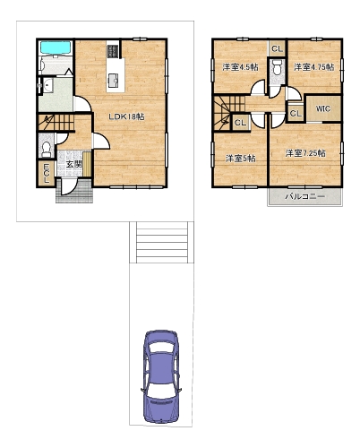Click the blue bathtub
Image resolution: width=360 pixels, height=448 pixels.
click(56, 47)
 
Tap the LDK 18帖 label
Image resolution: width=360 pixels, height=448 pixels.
click(126, 116)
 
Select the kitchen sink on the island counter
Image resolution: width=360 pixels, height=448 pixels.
click(114, 81)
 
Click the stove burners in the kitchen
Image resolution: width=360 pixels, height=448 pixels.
click(113, 51)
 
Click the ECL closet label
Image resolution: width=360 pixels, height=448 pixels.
click(47, 173)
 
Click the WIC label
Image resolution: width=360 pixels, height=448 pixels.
click(323, 108)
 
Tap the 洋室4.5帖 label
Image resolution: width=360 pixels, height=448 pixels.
click(240, 67)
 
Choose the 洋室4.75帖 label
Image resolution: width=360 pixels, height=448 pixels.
click(314, 67)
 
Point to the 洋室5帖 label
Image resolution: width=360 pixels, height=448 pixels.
click(240, 158)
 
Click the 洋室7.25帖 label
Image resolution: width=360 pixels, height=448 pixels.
click(305, 153)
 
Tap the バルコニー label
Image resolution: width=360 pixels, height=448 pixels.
click(304, 196)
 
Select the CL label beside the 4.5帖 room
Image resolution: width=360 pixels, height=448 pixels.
click(278, 48)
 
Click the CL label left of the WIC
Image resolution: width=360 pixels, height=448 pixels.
click(296, 113)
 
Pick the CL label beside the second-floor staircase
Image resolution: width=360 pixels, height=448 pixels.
click(241, 123)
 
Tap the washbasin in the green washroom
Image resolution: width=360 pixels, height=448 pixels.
click(47, 86)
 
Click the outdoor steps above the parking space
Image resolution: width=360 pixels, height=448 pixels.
click(162, 242)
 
